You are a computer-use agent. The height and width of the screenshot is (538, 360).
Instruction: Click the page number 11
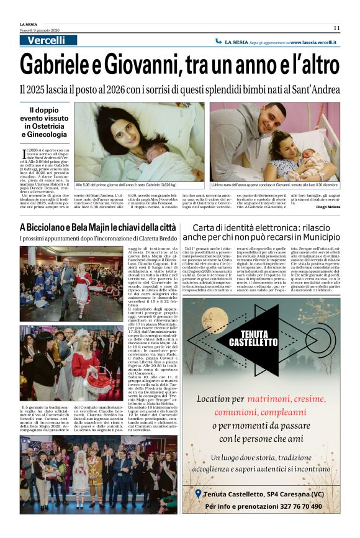click(336, 27)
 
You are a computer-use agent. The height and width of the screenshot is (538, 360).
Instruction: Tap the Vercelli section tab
click(47, 40)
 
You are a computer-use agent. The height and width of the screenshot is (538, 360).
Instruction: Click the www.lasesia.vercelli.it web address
click(313, 42)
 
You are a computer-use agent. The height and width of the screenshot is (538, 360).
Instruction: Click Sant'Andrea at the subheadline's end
click(317, 89)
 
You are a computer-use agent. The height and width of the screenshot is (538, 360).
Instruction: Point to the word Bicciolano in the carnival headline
click(56, 228)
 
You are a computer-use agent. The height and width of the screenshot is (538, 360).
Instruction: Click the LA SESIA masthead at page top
click(29, 24)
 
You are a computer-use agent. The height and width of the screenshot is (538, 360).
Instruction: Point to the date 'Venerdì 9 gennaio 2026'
click(37, 29)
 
